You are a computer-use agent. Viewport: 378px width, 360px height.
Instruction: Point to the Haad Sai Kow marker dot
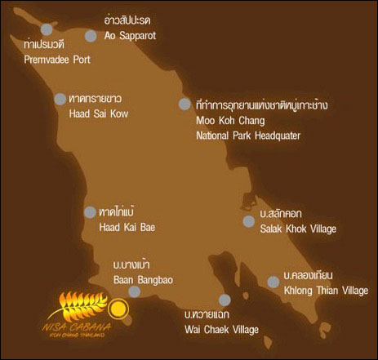click(x=60, y=99)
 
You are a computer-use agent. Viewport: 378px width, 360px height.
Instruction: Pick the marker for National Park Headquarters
click(x=185, y=104)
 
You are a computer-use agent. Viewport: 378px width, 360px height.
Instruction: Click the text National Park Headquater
click(x=248, y=135)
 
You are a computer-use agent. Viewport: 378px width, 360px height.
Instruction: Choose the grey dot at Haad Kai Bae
click(x=89, y=212)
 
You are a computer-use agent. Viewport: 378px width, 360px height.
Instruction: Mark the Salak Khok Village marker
click(x=249, y=221)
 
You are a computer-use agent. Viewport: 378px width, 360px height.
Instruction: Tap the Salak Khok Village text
click(x=298, y=228)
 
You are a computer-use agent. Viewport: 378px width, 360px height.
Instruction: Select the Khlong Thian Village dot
click(x=273, y=282)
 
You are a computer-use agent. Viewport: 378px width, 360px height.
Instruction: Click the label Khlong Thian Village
click(x=326, y=291)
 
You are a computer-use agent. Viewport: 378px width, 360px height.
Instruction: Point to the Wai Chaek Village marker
click(x=225, y=300)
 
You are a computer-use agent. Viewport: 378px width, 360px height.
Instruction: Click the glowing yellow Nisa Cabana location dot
click(x=119, y=309)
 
